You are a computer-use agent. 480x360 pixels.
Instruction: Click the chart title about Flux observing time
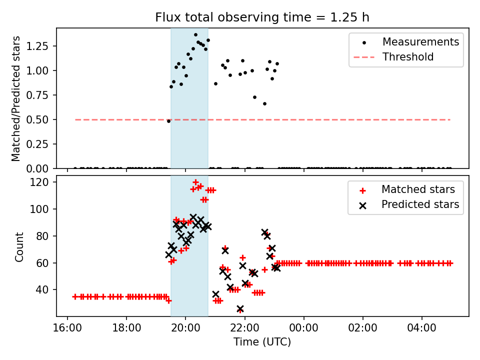(262, 17)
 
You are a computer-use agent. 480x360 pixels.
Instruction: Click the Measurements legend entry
(420, 42)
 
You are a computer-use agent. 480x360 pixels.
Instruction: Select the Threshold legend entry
(408, 57)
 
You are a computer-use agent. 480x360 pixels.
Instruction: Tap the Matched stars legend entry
(418, 189)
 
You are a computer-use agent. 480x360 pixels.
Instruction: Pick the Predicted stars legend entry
(420, 204)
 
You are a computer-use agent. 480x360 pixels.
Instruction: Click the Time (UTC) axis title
(262, 342)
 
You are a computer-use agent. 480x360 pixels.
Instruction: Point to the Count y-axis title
(19, 246)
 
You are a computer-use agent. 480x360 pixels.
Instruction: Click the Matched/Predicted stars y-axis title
(16, 98)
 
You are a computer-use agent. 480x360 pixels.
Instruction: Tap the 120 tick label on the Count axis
(41, 182)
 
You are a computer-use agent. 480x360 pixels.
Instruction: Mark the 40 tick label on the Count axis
(44, 290)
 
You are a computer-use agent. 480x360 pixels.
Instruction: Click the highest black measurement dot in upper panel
(195, 35)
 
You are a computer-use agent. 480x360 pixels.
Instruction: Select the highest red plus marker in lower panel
(195, 182)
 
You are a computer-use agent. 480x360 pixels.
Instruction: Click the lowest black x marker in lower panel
(240, 309)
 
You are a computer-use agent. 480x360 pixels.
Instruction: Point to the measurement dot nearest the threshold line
(168, 121)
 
